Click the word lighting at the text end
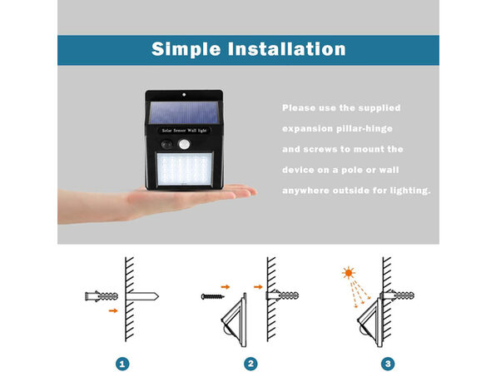[403, 190]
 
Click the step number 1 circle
[123, 363]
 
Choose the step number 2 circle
[250, 363]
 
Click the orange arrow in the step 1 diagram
[113, 311]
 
